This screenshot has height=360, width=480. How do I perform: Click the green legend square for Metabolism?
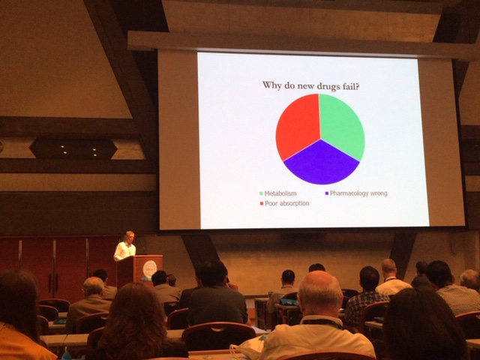tap(261, 193)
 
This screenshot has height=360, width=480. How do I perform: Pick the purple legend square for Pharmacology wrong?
tap(327, 193)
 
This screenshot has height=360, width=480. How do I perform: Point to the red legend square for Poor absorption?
tap(262, 203)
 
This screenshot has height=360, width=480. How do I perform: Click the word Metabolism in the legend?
tap(280, 193)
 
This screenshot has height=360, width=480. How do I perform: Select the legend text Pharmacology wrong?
tap(358, 193)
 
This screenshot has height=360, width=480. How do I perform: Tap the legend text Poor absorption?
tap(287, 203)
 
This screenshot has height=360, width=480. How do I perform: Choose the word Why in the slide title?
tap(271, 85)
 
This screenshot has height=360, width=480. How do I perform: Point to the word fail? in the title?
tap(351, 86)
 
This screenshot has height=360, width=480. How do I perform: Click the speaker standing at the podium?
tap(125, 246)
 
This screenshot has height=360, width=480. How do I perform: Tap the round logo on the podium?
tap(150, 269)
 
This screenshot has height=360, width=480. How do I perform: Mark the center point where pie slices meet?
tap(320, 139)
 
